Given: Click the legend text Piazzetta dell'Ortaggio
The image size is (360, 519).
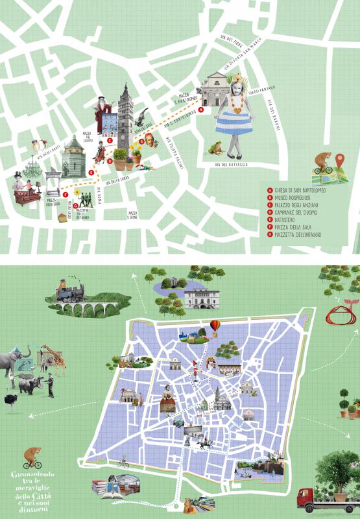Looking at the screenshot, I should point(299,235).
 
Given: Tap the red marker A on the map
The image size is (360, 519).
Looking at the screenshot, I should point(201,110).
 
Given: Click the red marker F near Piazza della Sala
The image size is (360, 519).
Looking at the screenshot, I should point(66,193).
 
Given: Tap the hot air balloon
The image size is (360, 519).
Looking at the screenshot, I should point(215,324).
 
